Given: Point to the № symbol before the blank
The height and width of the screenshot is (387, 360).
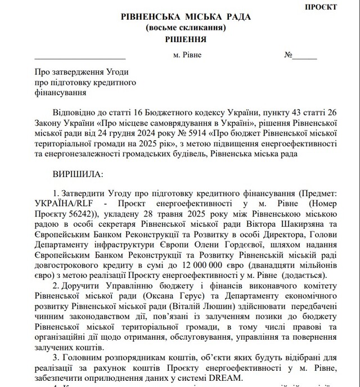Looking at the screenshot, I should (290, 56).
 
